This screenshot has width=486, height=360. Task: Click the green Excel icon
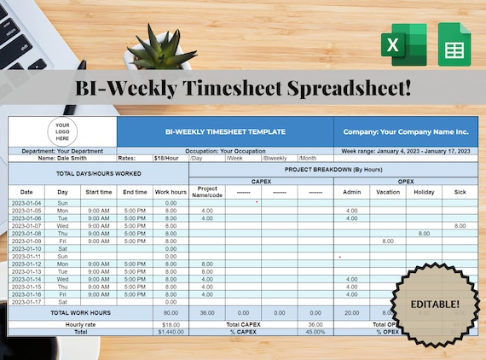pos(404,44)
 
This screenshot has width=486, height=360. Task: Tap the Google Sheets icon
pos(454,44)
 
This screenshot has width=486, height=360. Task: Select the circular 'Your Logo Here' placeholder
pos(62,131)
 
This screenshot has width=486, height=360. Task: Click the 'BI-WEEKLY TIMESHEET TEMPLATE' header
pos(225,132)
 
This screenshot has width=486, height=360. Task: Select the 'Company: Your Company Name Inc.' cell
pos(406,132)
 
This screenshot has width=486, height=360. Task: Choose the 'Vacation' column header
pos(388,192)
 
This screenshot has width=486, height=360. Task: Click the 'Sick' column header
pos(460,192)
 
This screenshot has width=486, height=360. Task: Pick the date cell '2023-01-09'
pos(26,241)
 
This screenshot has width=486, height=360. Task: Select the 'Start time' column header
pos(99,192)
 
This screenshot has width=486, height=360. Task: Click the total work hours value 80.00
pos(171,313)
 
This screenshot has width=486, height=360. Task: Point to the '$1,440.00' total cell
pos(171,331)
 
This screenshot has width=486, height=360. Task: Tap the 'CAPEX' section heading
pos(261,181)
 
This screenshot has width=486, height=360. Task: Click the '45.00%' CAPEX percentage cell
pos(315,331)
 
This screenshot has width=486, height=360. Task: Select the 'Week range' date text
pos(405,150)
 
